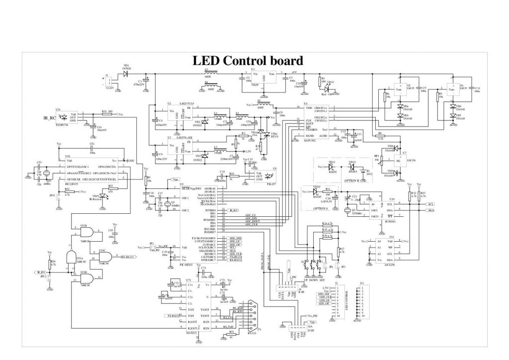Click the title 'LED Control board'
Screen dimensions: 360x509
coord(248,61)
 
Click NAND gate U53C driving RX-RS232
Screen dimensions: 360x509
coord(105,256)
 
